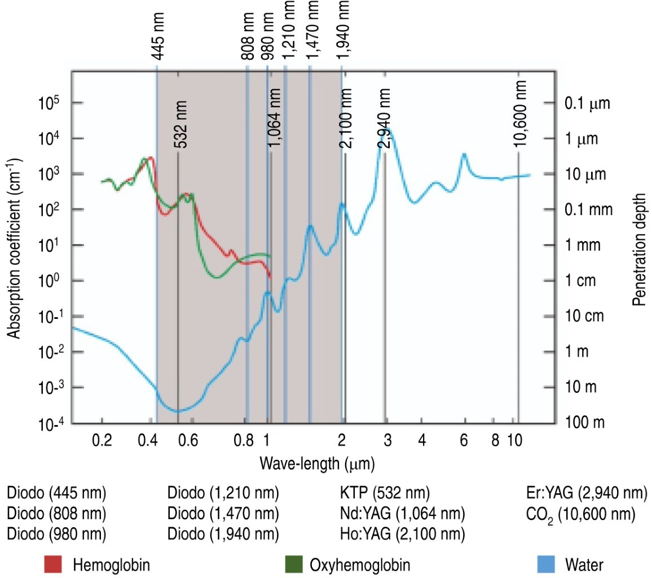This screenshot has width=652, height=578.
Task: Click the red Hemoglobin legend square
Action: pyautogui.click(x=52, y=564)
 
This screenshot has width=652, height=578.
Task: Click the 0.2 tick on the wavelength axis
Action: pyautogui.click(x=102, y=439)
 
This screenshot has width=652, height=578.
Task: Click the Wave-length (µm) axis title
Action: pyautogui.click(x=317, y=463)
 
